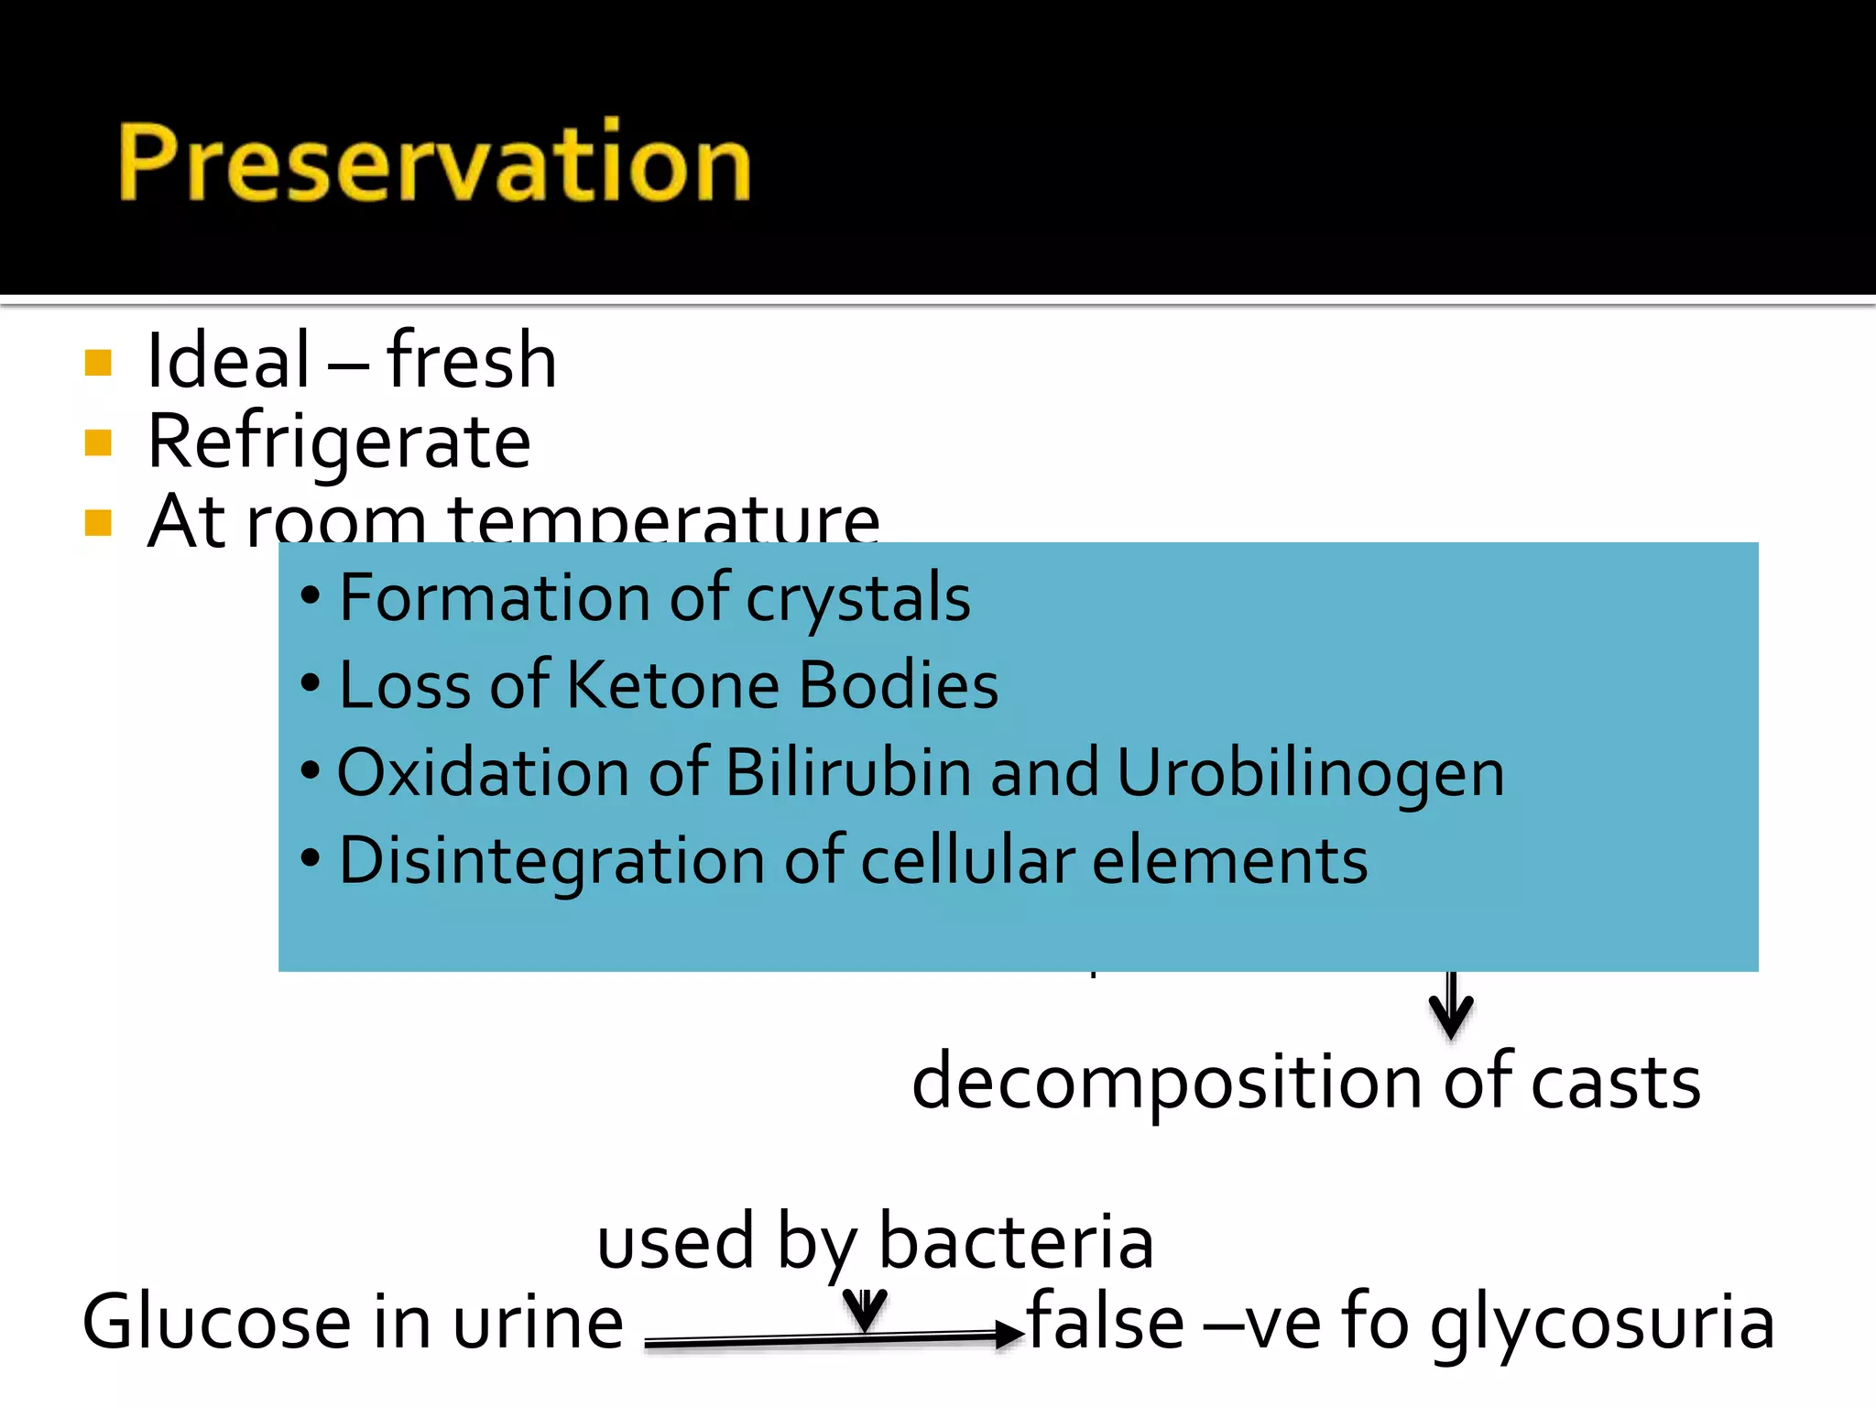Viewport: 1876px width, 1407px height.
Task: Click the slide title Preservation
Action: click(x=434, y=163)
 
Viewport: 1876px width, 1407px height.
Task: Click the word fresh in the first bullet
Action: click(x=471, y=361)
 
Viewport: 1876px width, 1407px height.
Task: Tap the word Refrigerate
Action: click(x=338, y=442)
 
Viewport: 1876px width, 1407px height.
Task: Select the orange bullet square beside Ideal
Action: click(x=98, y=363)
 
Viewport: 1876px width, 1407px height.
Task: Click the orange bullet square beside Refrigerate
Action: click(x=98, y=443)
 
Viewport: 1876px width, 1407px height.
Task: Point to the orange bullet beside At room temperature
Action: click(x=98, y=523)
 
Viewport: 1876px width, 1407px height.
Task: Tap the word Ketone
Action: click(x=672, y=685)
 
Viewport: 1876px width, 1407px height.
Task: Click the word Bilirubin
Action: click(x=847, y=772)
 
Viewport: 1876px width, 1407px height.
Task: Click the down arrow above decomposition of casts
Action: click(x=1451, y=1008)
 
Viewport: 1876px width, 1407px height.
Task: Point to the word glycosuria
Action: click(x=1602, y=1325)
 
